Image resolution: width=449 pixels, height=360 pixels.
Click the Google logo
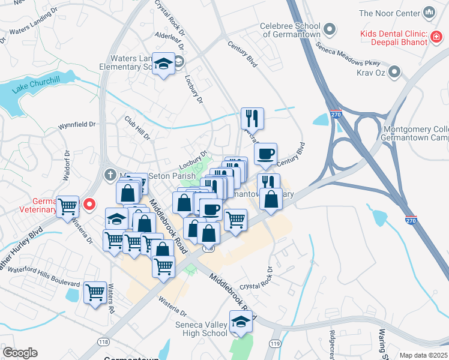point(20,353)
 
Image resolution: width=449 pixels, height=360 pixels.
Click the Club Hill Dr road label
point(137,127)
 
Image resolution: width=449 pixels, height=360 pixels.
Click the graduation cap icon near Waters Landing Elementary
point(162,63)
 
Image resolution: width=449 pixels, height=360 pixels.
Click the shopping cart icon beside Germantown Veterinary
point(68,206)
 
